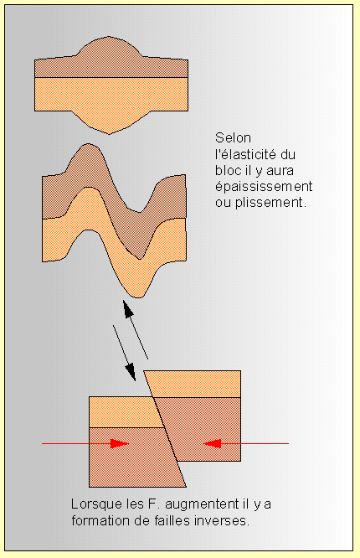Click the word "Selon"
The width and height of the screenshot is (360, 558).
[x=233, y=137]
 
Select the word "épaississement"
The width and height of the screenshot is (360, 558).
[x=264, y=187]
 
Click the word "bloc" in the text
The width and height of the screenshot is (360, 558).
[x=227, y=170]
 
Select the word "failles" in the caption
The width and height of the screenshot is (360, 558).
[x=172, y=520]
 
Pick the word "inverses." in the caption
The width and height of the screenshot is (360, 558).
[x=222, y=520]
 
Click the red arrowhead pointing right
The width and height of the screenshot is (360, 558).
[x=119, y=443]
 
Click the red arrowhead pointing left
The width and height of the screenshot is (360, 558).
[x=213, y=443]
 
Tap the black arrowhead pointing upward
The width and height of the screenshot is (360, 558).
[x=128, y=308]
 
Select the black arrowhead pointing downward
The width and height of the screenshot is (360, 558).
[x=131, y=372]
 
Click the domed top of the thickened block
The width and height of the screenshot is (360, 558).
[x=109, y=37]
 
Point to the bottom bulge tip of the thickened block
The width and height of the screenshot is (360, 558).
[x=109, y=134]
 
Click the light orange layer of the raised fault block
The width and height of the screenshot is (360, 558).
[x=195, y=384]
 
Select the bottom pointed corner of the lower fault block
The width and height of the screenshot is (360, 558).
[x=186, y=487]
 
